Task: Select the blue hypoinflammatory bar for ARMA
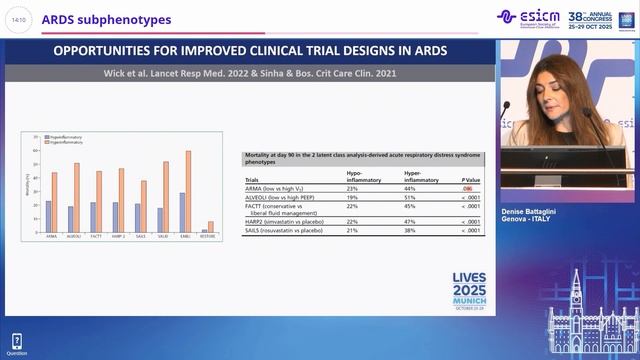pos(47,216)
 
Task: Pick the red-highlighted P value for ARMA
pos(467,188)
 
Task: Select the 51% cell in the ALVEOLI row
pos(409,198)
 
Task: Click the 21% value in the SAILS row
pos(352,230)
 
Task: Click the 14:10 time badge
pos(19,19)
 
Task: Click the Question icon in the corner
pos(16,343)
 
